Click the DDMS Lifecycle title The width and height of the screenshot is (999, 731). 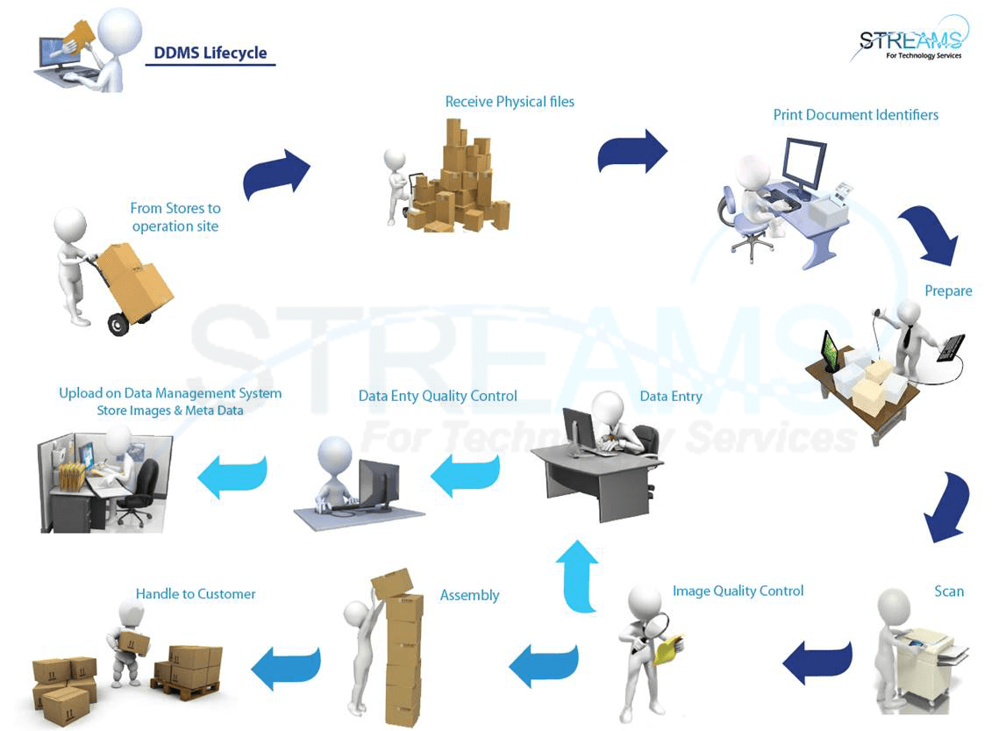click(210, 53)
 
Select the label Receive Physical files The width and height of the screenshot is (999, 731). click(510, 102)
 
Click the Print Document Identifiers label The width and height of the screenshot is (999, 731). click(855, 115)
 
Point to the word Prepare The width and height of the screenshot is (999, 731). click(948, 290)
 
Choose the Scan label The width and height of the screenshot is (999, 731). click(949, 591)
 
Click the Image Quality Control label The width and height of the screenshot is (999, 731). click(738, 591)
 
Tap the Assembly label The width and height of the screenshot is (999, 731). click(469, 595)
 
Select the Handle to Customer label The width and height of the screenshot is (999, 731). click(196, 594)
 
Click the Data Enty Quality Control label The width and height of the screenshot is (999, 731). click(438, 396)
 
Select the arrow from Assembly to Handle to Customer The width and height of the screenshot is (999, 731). click(286, 667)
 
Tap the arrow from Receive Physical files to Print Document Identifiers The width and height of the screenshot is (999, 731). click(632, 151)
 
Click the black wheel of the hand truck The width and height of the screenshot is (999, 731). click(118, 326)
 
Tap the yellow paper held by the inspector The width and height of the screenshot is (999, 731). click(670, 649)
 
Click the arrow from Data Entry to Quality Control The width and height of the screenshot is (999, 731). click(465, 476)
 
